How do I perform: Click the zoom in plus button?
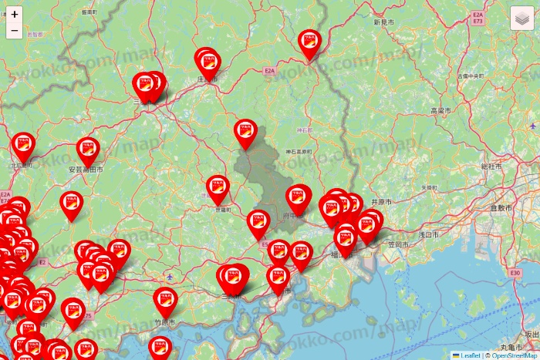tap(15, 14)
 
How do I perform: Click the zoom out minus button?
tap(15, 32)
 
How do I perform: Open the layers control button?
tap(523, 18)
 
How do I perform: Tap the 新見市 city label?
tap(384, 23)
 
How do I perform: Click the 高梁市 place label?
tap(440, 111)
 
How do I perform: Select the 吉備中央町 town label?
tap(470, 76)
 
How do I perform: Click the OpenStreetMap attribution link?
tap(511, 355)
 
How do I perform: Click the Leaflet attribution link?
tap(471, 355)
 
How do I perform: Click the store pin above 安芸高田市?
tap(89, 149)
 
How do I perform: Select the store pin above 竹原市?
tap(165, 299)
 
